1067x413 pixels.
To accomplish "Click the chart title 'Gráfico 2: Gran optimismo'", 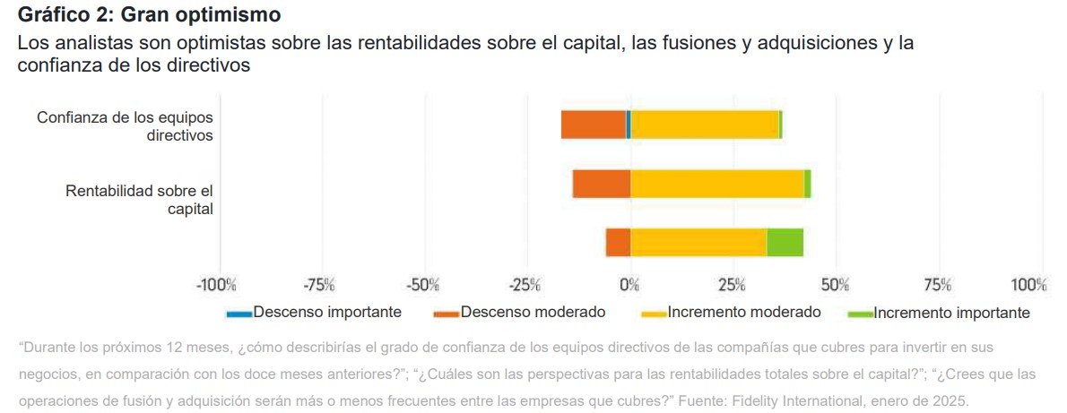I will coord(149,15).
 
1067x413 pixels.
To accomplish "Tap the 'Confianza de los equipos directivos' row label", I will coord(125,126).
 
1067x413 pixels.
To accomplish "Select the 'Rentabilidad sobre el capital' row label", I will coord(139,200).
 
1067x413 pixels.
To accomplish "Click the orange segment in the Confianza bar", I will coord(593,125).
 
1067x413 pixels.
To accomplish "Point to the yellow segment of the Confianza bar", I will coord(705,125).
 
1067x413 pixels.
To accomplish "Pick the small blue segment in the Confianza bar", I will coord(629,125).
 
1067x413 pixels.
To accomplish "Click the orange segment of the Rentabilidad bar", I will coord(601,184).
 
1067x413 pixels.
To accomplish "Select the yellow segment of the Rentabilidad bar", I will coord(716,184).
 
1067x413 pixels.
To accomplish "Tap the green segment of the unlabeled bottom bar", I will coord(785,243).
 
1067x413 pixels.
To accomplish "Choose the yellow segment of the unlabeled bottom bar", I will coord(698,243).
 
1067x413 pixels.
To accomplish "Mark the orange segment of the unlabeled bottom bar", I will coord(618,243).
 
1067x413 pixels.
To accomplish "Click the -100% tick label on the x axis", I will coord(216,286).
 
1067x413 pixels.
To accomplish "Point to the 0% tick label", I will coord(630,286).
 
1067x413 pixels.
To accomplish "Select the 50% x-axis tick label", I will coord(835,286).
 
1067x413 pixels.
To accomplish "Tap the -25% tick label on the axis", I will coord(525,286).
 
